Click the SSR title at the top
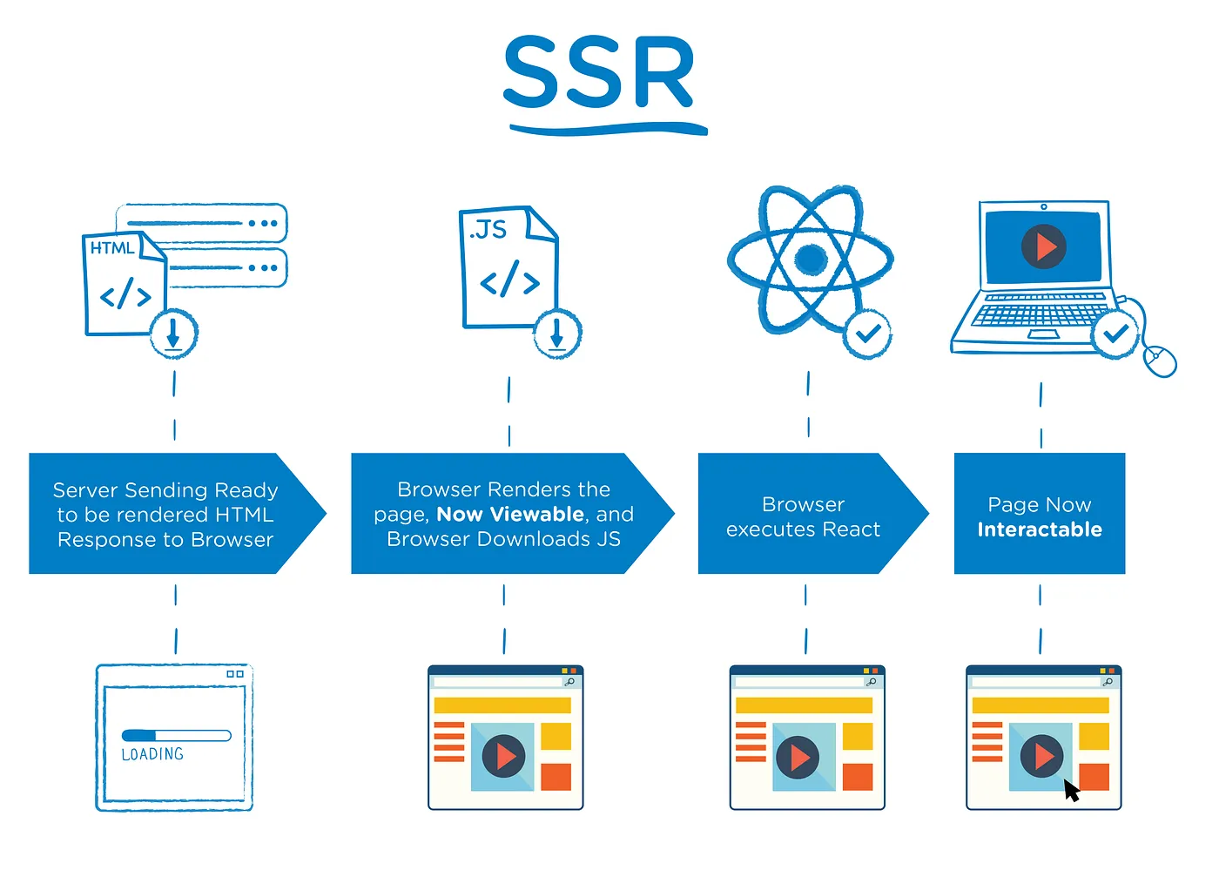pyautogui.click(x=599, y=74)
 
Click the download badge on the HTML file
pyautogui.click(x=173, y=334)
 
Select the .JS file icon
pyautogui.click(x=505, y=266)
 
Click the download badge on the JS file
pyautogui.click(x=557, y=334)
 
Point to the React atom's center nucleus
pyautogui.click(x=811, y=259)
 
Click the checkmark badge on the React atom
pyautogui.click(x=867, y=333)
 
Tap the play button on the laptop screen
pyautogui.click(x=1043, y=246)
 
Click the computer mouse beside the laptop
pyautogui.click(x=1159, y=359)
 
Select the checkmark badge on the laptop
pyautogui.click(x=1115, y=333)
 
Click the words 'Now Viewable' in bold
pyautogui.click(x=510, y=515)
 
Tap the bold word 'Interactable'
pyautogui.click(x=1040, y=529)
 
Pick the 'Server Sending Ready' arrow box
pyautogui.click(x=165, y=515)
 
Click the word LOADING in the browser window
pyautogui.click(x=152, y=754)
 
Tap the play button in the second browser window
pyautogui.click(x=503, y=756)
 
